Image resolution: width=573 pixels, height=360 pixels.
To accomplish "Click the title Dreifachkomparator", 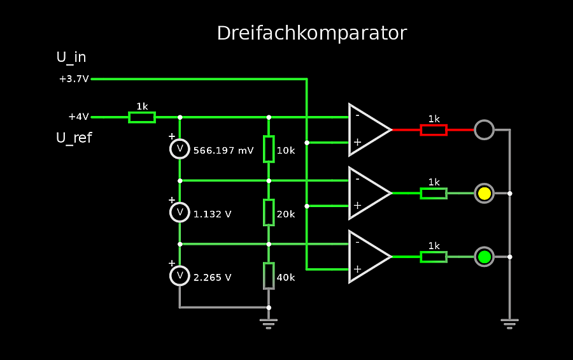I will click(x=311, y=33).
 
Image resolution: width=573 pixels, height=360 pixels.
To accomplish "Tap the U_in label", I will click(x=71, y=57).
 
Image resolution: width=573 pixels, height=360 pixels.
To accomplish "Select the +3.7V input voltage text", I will click(x=74, y=79).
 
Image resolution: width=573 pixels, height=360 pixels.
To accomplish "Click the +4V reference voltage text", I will click(x=78, y=117).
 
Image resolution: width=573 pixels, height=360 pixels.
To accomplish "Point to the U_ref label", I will click(x=74, y=138).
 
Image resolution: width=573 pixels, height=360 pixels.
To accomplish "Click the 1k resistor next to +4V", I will click(x=142, y=117).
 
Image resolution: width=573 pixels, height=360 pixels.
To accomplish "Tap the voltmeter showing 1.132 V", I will click(x=180, y=212).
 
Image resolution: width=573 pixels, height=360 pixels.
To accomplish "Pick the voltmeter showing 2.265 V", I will click(x=180, y=276).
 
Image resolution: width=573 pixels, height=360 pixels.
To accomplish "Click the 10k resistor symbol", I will click(x=269, y=148).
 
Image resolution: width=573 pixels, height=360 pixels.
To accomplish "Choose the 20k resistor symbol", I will click(x=269, y=212).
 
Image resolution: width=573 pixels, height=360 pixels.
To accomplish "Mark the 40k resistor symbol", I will click(x=269, y=276).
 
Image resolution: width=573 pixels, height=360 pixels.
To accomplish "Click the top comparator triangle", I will click(x=368, y=129).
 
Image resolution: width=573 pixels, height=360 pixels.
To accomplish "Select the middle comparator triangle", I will click(x=368, y=193).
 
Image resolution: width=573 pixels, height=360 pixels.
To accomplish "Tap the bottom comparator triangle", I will click(x=368, y=257).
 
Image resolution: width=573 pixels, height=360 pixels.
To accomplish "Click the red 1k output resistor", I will click(x=434, y=129).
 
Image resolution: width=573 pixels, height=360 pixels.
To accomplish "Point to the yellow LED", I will click(x=485, y=193).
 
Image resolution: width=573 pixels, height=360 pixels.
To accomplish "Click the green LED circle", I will click(x=485, y=257).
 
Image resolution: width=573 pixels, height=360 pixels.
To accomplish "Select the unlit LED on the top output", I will click(x=485, y=129).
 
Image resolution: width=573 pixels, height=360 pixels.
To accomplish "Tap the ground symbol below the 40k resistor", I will click(x=269, y=324).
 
